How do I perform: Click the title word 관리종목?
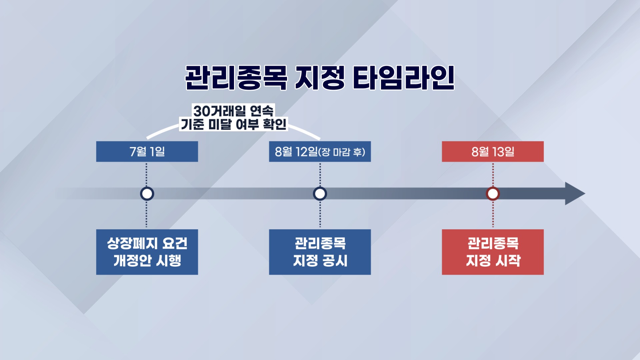coord(236,78)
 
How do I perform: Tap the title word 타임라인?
coord(404,78)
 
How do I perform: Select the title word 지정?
coord(320,78)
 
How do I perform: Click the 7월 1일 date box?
coord(147,152)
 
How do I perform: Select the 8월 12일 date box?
coord(320,152)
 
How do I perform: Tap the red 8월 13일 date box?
coord(493,152)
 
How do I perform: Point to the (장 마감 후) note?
coord(342,152)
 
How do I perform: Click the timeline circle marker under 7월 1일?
coord(147,194)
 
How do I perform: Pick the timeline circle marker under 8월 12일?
coord(320,194)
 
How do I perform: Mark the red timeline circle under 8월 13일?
coord(493,194)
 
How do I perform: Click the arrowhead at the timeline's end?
coord(575,194)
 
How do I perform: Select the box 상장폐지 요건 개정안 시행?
coord(147,252)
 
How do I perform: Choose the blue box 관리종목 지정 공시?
coord(320,252)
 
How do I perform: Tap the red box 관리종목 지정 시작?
coord(493,252)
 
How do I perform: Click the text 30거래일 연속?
coord(233,111)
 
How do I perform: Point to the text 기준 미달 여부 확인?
coord(233,124)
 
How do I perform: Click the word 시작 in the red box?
coord(508,261)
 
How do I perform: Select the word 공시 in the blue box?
coord(335,261)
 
